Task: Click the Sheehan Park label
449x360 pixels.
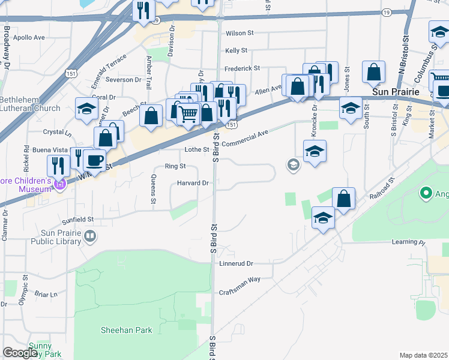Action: click(126, 330)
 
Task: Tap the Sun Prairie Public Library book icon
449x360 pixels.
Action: click(89, 237)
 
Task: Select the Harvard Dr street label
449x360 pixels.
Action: click(193, 183)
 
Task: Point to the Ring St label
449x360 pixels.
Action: click(175, 166)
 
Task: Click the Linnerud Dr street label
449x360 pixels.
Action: click(237, 263)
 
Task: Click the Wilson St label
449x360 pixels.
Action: click(241, 34)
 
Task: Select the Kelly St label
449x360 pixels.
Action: click(237, 52)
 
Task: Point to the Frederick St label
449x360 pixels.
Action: click(242, 68)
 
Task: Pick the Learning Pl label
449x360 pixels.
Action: click(408, 242)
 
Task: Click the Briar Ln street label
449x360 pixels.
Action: click(46, 294)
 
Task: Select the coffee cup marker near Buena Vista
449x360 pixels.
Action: click(94, 160)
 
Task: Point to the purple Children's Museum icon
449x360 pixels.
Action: click(59, 185)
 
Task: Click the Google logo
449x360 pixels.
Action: click(20, 353)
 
